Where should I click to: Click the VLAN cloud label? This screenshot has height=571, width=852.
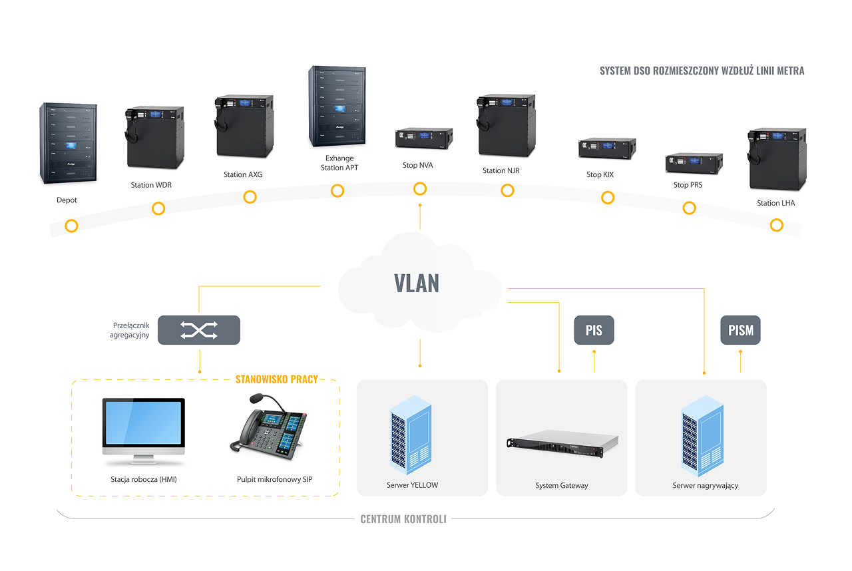[417, 283]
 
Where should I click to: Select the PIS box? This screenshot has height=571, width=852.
[594, 331]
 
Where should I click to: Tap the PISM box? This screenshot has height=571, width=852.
[741, 331]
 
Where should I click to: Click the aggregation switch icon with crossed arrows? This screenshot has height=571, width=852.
[198, 330]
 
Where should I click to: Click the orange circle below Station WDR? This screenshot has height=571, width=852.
[158, 208]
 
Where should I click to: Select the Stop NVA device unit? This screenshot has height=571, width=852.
[424, 138]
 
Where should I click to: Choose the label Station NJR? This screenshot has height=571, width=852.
[501, 171]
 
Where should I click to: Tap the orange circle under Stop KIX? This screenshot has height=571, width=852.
[607, 197]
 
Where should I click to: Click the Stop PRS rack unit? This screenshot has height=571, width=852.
[694, 163]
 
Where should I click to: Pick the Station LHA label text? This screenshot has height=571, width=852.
[775, 204]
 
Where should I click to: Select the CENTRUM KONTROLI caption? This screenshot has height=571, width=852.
[403, 519]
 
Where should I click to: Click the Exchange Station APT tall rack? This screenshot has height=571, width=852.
[338, 106]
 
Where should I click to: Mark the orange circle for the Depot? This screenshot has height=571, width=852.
[71, 226]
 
